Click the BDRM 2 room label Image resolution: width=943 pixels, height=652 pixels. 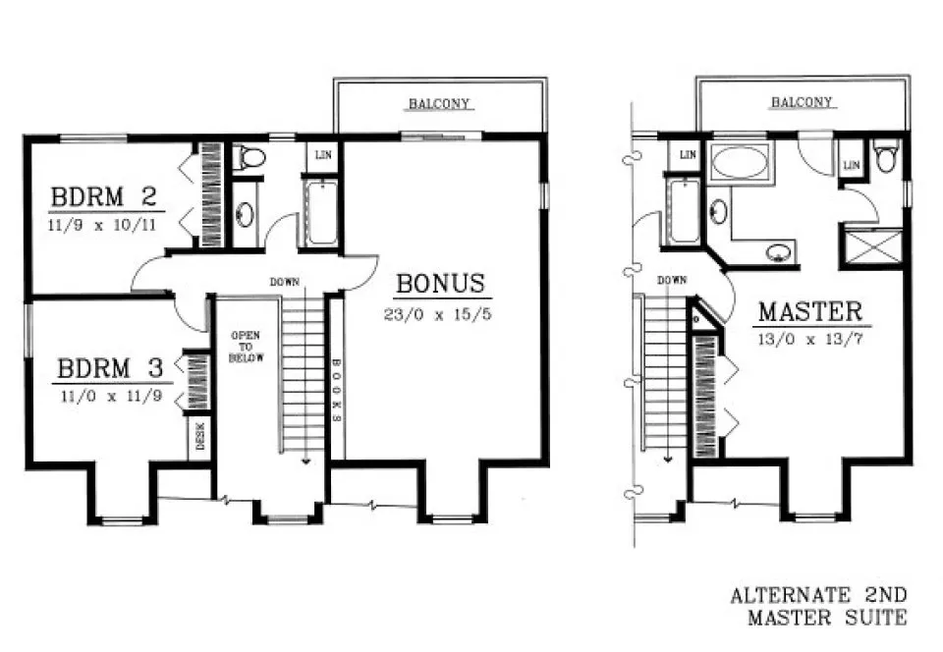[x=104, y=197]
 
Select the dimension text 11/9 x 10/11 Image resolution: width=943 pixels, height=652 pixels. [x=105, y=224]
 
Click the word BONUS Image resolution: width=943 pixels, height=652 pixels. [x=440, y=285]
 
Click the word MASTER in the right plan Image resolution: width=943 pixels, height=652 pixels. [x=810, y=313]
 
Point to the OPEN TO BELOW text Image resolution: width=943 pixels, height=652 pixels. [x=245, y=347]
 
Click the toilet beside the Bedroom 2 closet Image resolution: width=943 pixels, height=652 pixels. [x=250, y=157]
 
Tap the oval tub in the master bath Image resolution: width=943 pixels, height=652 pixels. [x=741, y=160]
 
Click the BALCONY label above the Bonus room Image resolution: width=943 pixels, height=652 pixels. [x=439, y=103]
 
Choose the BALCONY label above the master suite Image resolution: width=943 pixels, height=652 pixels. [x=802, y=102]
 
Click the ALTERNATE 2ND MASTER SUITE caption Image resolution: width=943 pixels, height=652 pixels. [x=818, y=607]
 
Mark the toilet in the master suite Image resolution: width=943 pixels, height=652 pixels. [x=886, y=157]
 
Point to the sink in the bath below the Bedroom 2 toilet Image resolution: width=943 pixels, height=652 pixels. [x=246, y=213]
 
